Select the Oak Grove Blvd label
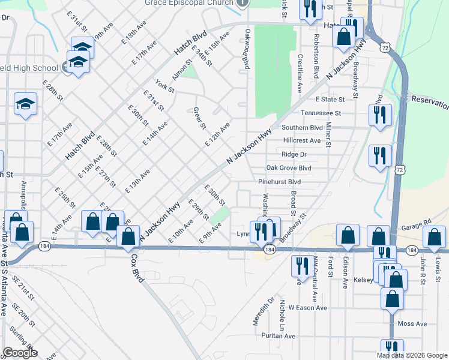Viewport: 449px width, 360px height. click(288, 168)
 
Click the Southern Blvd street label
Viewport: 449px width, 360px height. click(302, 127)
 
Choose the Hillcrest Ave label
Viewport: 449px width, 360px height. click(302, 140)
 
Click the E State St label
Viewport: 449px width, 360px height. click(331, 99)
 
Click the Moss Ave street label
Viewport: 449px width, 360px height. click(412, 324)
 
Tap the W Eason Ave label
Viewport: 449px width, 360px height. click(307, 308)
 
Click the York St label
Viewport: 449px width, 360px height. click(164, 86)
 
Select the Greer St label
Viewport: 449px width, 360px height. click(200, 118)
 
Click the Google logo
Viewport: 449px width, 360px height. click(20, 353)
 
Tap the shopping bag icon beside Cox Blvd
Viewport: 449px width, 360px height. click(128, 237)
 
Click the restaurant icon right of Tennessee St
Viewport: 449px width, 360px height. click(379, 114)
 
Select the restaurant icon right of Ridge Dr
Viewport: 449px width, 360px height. click(379, 155)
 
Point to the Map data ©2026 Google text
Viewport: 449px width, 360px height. click(411, 355)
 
